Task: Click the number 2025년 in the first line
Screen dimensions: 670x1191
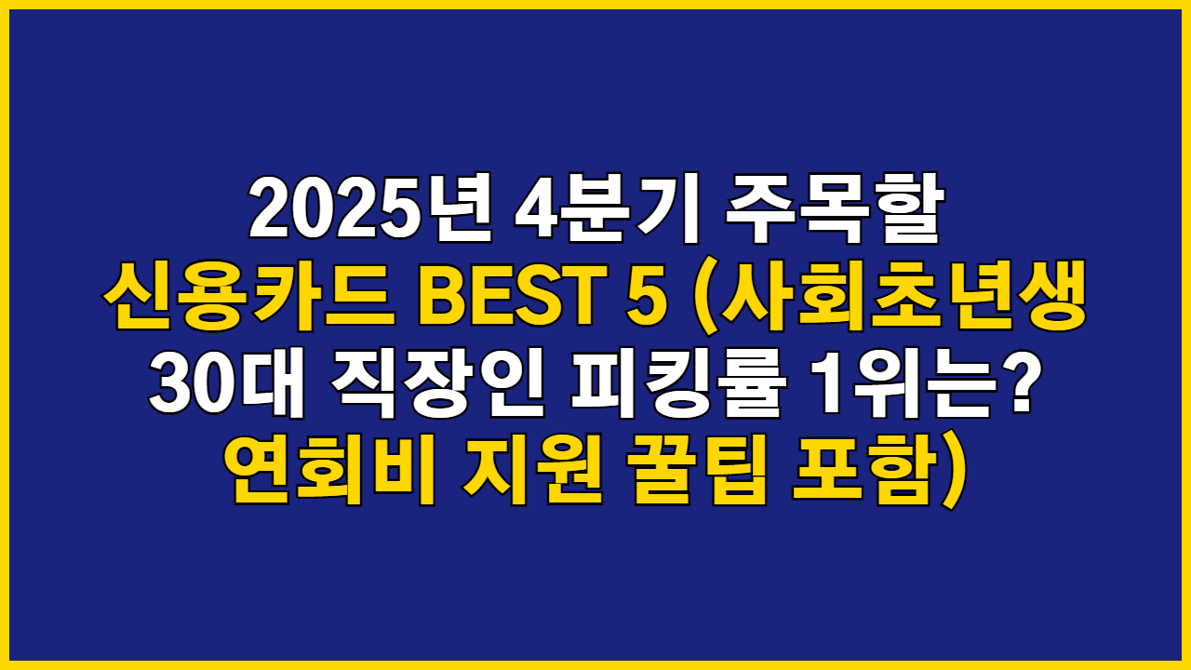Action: tap(368, 208)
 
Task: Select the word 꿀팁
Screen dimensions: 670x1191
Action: tap(698, 473)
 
